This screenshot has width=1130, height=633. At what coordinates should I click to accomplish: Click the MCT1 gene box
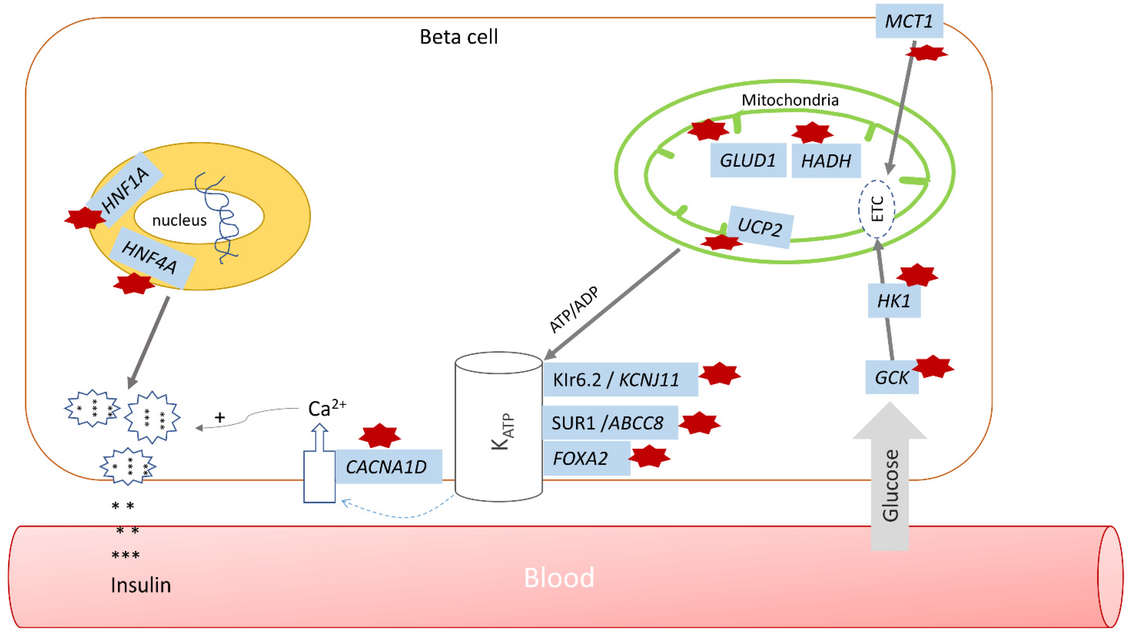click(909, 21)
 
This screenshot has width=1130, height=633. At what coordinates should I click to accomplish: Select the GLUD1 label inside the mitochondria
click(748, 160)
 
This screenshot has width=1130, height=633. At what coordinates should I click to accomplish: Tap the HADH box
click(826, 161)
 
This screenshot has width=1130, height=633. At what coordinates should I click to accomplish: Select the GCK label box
click(891, 377)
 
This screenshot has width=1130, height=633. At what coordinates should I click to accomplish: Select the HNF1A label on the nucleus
click(125, 189)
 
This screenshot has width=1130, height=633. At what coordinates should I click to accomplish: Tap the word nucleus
click(179, 220)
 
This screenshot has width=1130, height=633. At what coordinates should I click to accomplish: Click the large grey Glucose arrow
click(890, 482)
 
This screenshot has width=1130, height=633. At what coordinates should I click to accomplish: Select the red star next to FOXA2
click(649, 456)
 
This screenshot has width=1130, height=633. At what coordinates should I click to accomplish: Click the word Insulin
click(140, 585)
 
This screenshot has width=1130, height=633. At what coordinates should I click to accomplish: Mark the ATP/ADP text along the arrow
click(574, 310)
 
